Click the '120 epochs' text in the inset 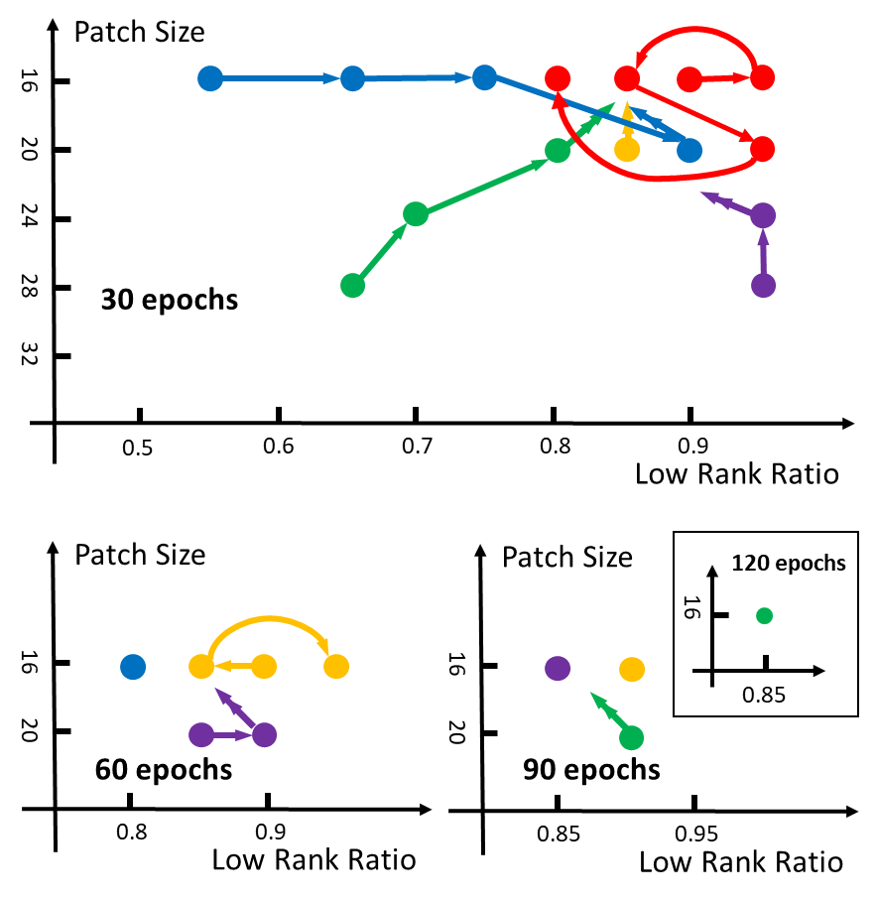click(x=789, y=564)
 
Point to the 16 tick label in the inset click(x=692, y=608)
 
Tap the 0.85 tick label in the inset click(x=764, y=696)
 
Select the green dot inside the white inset click(x=764, y=615)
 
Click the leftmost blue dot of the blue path click(x=210, y=78)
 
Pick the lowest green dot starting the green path click(x=352, y=286)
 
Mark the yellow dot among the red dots click(x=627, y=149)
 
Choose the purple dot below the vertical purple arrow click(x=763, y=286)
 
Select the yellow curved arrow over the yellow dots click(x=268, y=621)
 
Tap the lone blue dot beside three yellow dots click(x=133, y=667)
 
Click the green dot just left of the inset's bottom click(x=631, y=738)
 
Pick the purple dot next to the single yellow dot click(x=558, y=669)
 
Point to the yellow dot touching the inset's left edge click(x=632, y=670)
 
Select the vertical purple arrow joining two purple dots click(x=763, y=250)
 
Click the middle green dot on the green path click(x=416, y=213)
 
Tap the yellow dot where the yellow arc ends click(x=336, y=667)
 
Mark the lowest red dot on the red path click(x=762, y=149)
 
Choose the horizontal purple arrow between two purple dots click(x=232, y=735)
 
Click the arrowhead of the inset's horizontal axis click(x=818, y=671)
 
